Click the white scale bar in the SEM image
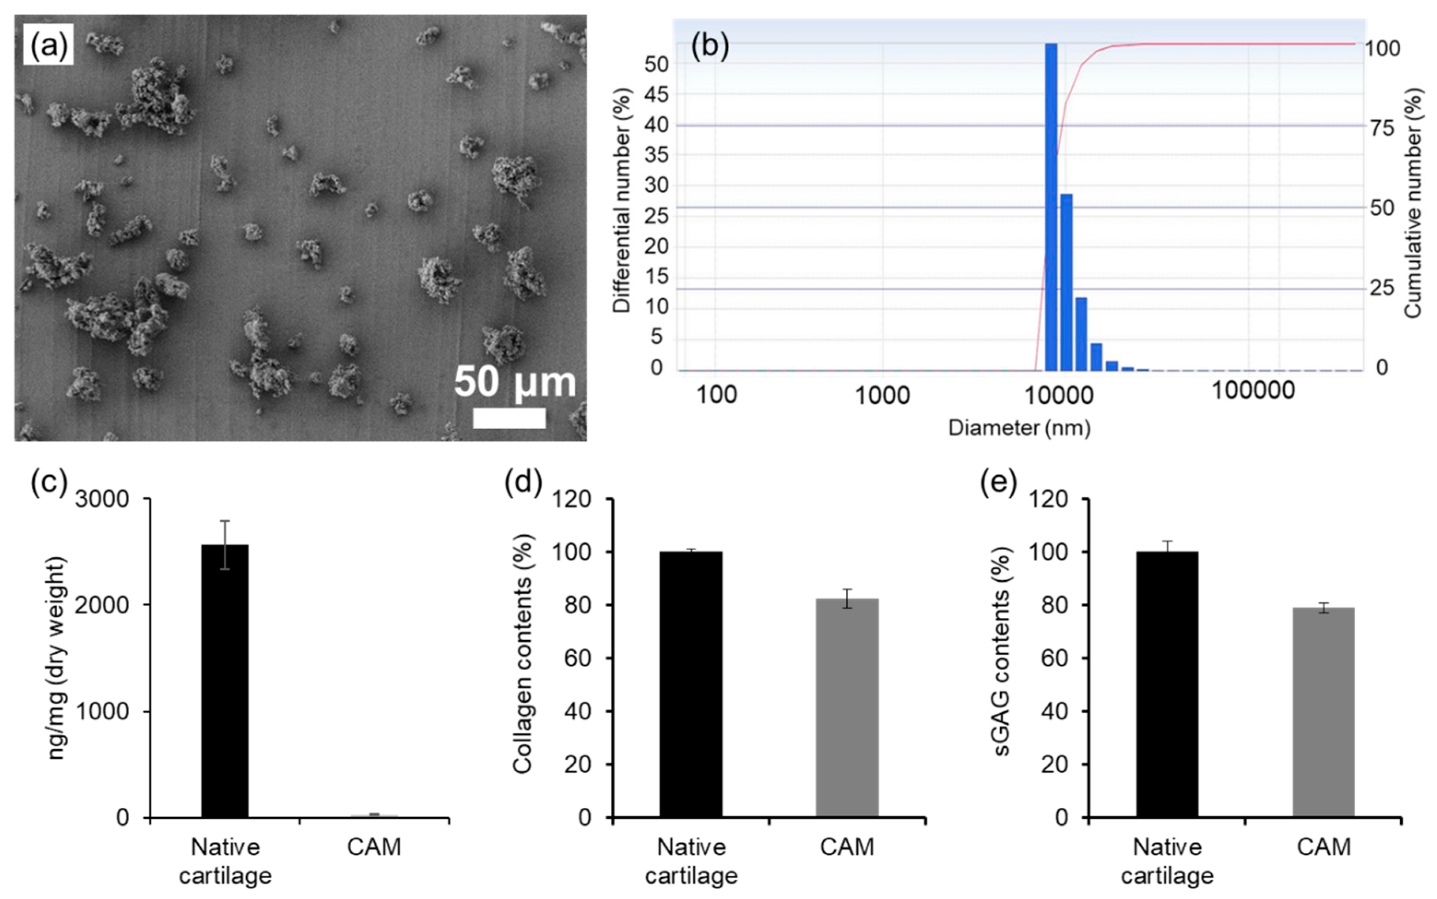(509, 418)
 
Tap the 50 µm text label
(515, 382)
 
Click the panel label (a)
(48, 45)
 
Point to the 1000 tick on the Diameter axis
(882, 394)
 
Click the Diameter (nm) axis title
(1019, 427)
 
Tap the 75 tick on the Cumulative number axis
(1379, 128)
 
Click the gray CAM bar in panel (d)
(847, 707)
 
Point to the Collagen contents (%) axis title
(522, 654)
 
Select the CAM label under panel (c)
(373, 847)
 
